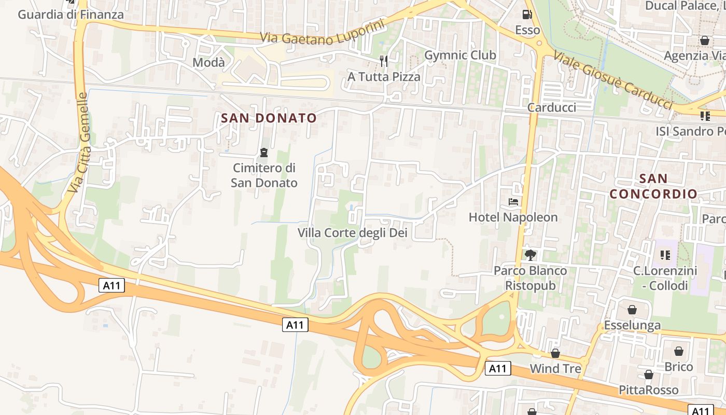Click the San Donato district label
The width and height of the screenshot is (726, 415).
(x=269, y=118)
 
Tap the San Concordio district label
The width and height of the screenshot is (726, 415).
(x=653, y=186)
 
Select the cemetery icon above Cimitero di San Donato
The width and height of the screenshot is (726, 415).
(x=264, y=153)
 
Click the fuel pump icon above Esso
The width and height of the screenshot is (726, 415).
(x=527, y=15)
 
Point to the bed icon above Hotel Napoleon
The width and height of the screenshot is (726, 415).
(x=513, y=201)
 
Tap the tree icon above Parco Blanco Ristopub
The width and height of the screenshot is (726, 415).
(x=530, y=255)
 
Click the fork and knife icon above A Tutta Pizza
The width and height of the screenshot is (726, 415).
(x=384, y=61)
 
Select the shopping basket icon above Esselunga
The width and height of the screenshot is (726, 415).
(x=632, y=310)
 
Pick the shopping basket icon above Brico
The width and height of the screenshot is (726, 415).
(x=679, y=351)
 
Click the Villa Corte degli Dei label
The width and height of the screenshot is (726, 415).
(x=353, y=233)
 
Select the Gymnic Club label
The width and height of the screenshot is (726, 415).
(x=460, y=55)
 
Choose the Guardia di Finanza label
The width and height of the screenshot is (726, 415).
(x=71, y=14)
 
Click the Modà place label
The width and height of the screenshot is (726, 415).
(x=208, y=63)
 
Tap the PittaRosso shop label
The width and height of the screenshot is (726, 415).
(x=648, y=390)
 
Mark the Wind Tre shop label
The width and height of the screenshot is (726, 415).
(x=555, y=368)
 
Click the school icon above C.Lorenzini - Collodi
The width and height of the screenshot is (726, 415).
(x=665, y=255)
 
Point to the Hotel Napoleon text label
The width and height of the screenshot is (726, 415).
(x=513, y=217)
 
